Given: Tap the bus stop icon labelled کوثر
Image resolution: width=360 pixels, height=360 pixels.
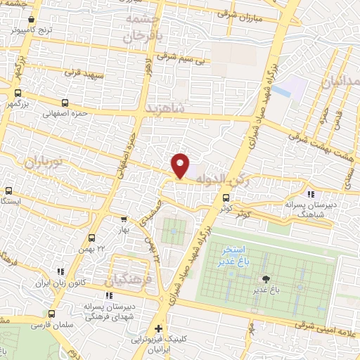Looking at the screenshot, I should [226, 198].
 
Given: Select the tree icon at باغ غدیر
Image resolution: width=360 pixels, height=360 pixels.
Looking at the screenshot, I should [266, 279].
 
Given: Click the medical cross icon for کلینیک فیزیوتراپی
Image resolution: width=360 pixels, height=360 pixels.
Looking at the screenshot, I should [159, 328].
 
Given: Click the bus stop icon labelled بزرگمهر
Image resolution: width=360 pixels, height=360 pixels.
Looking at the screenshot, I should [17, 93].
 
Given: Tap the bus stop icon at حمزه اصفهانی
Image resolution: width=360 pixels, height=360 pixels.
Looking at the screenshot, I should [65, 103].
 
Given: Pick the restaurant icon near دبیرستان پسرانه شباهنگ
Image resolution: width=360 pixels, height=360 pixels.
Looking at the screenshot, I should [311, 195].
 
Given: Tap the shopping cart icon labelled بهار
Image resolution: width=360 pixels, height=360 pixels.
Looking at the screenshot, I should [124, 219].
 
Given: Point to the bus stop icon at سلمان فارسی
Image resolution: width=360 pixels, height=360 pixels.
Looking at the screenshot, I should [51, 314].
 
